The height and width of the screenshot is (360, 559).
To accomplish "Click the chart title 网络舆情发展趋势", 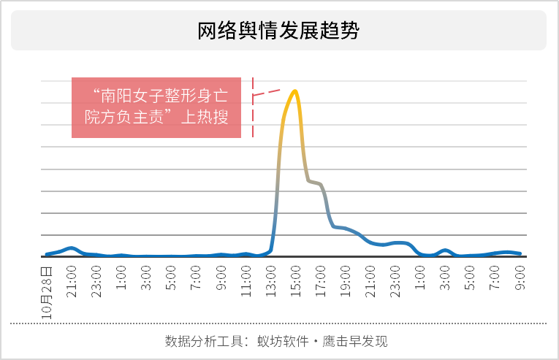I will pyautogui.click(x=279, y=31).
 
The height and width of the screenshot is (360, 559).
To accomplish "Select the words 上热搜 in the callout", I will pyautogui.click(x=204, y=117).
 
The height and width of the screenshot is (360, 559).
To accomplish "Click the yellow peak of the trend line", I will pyautogui.click(x=294, y=91).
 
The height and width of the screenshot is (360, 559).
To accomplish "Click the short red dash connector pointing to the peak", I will pyautogui.click(x=267, y=93).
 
